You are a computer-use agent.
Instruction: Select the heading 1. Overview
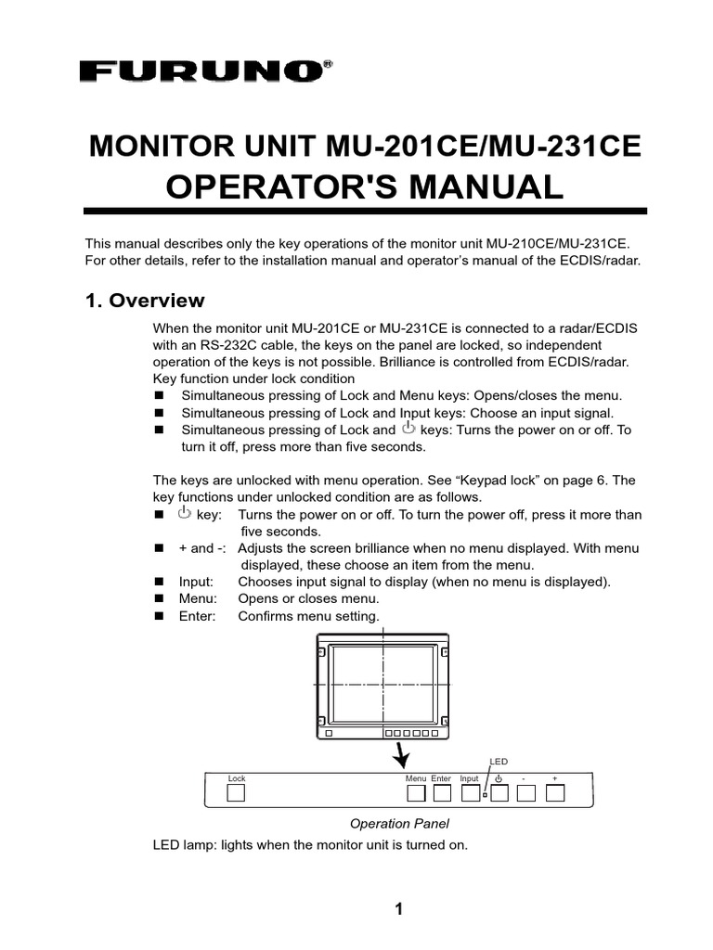pyautogui.click(x=145, y=301)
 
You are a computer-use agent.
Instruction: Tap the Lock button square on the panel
pyautogui.click(x=237, y=793)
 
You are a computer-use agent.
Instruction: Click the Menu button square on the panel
pyautogui.click(x=416, y=793)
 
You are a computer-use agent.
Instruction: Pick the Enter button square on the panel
pyautogui.click(x=442, y=793)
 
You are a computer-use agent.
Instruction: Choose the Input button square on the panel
pyautogui.click(x=470, y=793)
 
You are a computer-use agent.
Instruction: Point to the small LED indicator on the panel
pyautogui.click(x=485, y=795)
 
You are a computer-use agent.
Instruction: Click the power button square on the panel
pyautogui.click(x=499, y=793)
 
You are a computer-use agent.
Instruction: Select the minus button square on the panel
pyautogui.click(x=526, y=793)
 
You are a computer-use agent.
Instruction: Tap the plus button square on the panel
pyautogui.click(x=555, y=793)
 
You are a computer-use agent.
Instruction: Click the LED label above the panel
pyautogui.click(x=499, y=761)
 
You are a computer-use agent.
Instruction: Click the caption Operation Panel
pyautogui.click(x=399, y=823)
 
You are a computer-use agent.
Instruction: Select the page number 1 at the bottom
pyautogui.click(x=398, y=909)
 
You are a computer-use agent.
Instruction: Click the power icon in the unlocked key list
pyautogui.click(x=184, y=513)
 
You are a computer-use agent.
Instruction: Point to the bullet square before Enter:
pyautogui.click(x=159, y=616)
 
